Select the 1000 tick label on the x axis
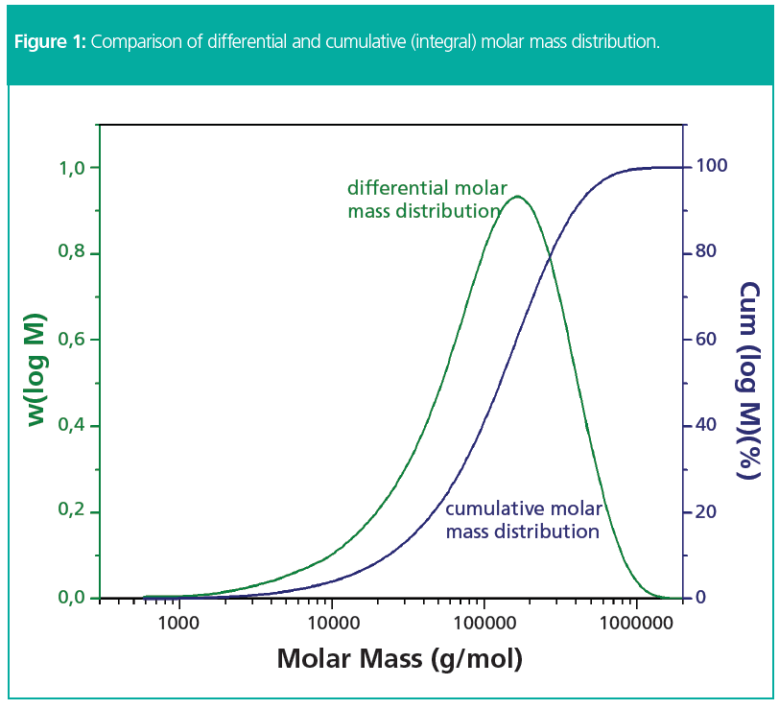pos(178,625)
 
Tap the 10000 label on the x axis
pos(331,625)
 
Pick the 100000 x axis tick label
pos(484,625)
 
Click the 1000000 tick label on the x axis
pos(636,625)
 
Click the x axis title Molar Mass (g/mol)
pos(400,660)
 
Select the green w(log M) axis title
pos(35,369)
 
